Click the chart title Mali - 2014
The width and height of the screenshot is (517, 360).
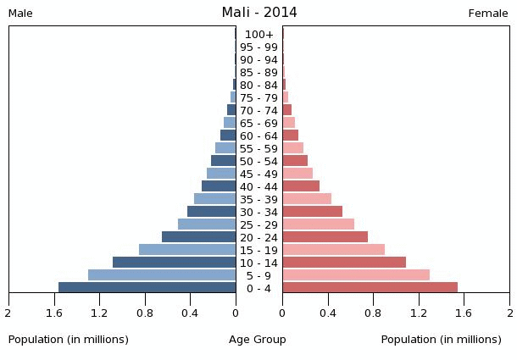[x=258, y=12]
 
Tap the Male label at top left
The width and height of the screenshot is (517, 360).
[x=20, y=14]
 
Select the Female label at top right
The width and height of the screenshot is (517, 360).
[x=488, y=14]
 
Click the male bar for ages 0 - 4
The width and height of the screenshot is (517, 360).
[x=147, y=288]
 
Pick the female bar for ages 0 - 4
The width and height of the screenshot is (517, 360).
[x=370, y=288]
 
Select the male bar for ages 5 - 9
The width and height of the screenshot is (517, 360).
[x=162, y=275]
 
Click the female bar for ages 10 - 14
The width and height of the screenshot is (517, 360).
[x=344, y=263]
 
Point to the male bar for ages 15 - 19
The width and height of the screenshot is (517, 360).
[x=187, y=250]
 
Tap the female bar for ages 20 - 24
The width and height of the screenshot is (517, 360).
[x=325, y=237]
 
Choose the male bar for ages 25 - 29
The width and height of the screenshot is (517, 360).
[x=207, y=224]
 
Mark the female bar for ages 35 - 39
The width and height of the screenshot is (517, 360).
[x=307, y=199]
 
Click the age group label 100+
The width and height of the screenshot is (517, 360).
[x=258, y=35]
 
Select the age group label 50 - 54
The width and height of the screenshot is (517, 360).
[x=258, y=161]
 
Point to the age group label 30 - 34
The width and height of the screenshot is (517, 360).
[x=258, y=212]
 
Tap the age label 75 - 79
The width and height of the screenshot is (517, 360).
[x=258, y=97]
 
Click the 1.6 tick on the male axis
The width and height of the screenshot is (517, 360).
[x=54, y=313]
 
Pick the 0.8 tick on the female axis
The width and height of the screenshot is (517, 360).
[x=373, y=313]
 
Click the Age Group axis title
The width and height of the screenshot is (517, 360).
[x=258, y=340]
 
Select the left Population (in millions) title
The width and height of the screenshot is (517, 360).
[x=69, y=340]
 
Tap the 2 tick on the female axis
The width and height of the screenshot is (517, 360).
[x=509, y=313]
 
